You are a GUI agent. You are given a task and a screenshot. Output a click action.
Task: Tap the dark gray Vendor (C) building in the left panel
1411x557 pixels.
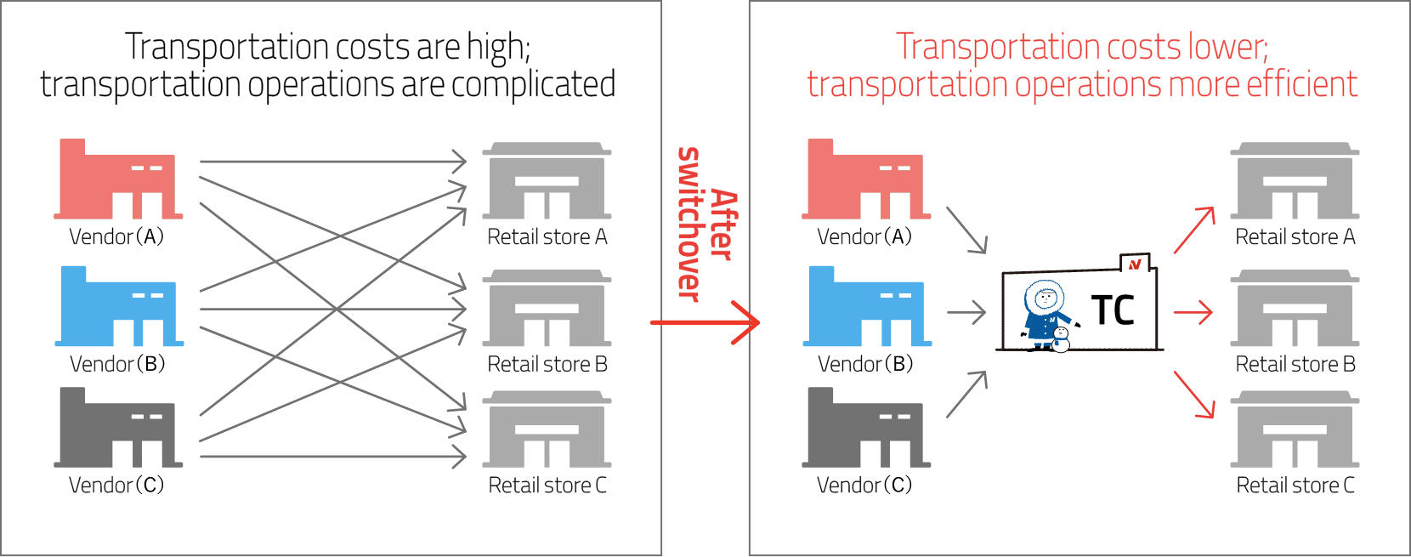(x=117, y=429)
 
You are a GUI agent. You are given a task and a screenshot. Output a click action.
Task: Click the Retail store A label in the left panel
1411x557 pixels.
(x=547, y=237)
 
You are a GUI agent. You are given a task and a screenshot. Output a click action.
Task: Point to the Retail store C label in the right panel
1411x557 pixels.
(x=1295, y=486)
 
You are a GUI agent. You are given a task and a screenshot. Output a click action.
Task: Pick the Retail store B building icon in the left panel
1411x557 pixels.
(x=547, y=309)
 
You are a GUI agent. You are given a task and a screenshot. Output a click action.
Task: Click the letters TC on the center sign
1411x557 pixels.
(x=1113, y=310)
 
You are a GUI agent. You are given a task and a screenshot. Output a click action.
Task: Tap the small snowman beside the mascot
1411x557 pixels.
(x=1061, y=338)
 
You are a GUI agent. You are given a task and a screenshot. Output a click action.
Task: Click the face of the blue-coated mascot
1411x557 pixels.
(x=1044, y=299)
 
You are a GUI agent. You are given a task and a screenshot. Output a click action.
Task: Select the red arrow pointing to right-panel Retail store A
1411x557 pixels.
(x=1194, y=230)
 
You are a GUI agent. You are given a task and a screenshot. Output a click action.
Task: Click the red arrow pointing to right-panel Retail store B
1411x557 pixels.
(x=1193, y=313)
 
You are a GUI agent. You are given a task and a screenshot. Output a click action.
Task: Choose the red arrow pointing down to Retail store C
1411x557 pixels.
(x=1194, y=395)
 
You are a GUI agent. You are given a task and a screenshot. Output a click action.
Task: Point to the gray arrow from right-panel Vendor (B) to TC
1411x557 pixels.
(x=966, y=313)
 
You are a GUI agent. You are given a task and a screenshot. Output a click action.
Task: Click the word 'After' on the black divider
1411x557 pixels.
(x=722, y=225)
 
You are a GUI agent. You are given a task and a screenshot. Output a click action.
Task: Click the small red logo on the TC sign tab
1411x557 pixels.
(x=1135, y=264)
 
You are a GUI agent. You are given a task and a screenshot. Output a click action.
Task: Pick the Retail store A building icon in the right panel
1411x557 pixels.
(x=1295, y=181)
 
